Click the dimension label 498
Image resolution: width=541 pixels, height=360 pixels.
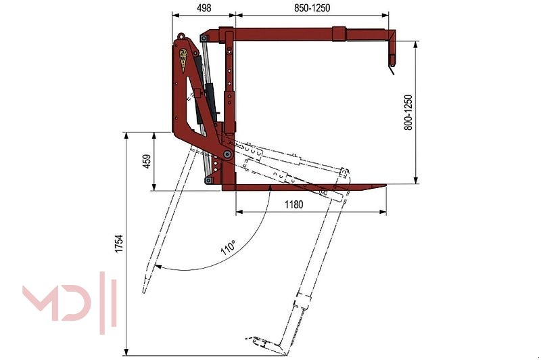coord(202,7)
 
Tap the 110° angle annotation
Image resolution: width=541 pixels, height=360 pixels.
coord(227,248)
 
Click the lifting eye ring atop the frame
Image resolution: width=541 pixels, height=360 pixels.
coord(181,37)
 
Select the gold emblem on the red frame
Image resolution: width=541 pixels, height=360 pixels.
coord(183,59)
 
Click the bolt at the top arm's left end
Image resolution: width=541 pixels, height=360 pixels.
coord(204,39)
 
